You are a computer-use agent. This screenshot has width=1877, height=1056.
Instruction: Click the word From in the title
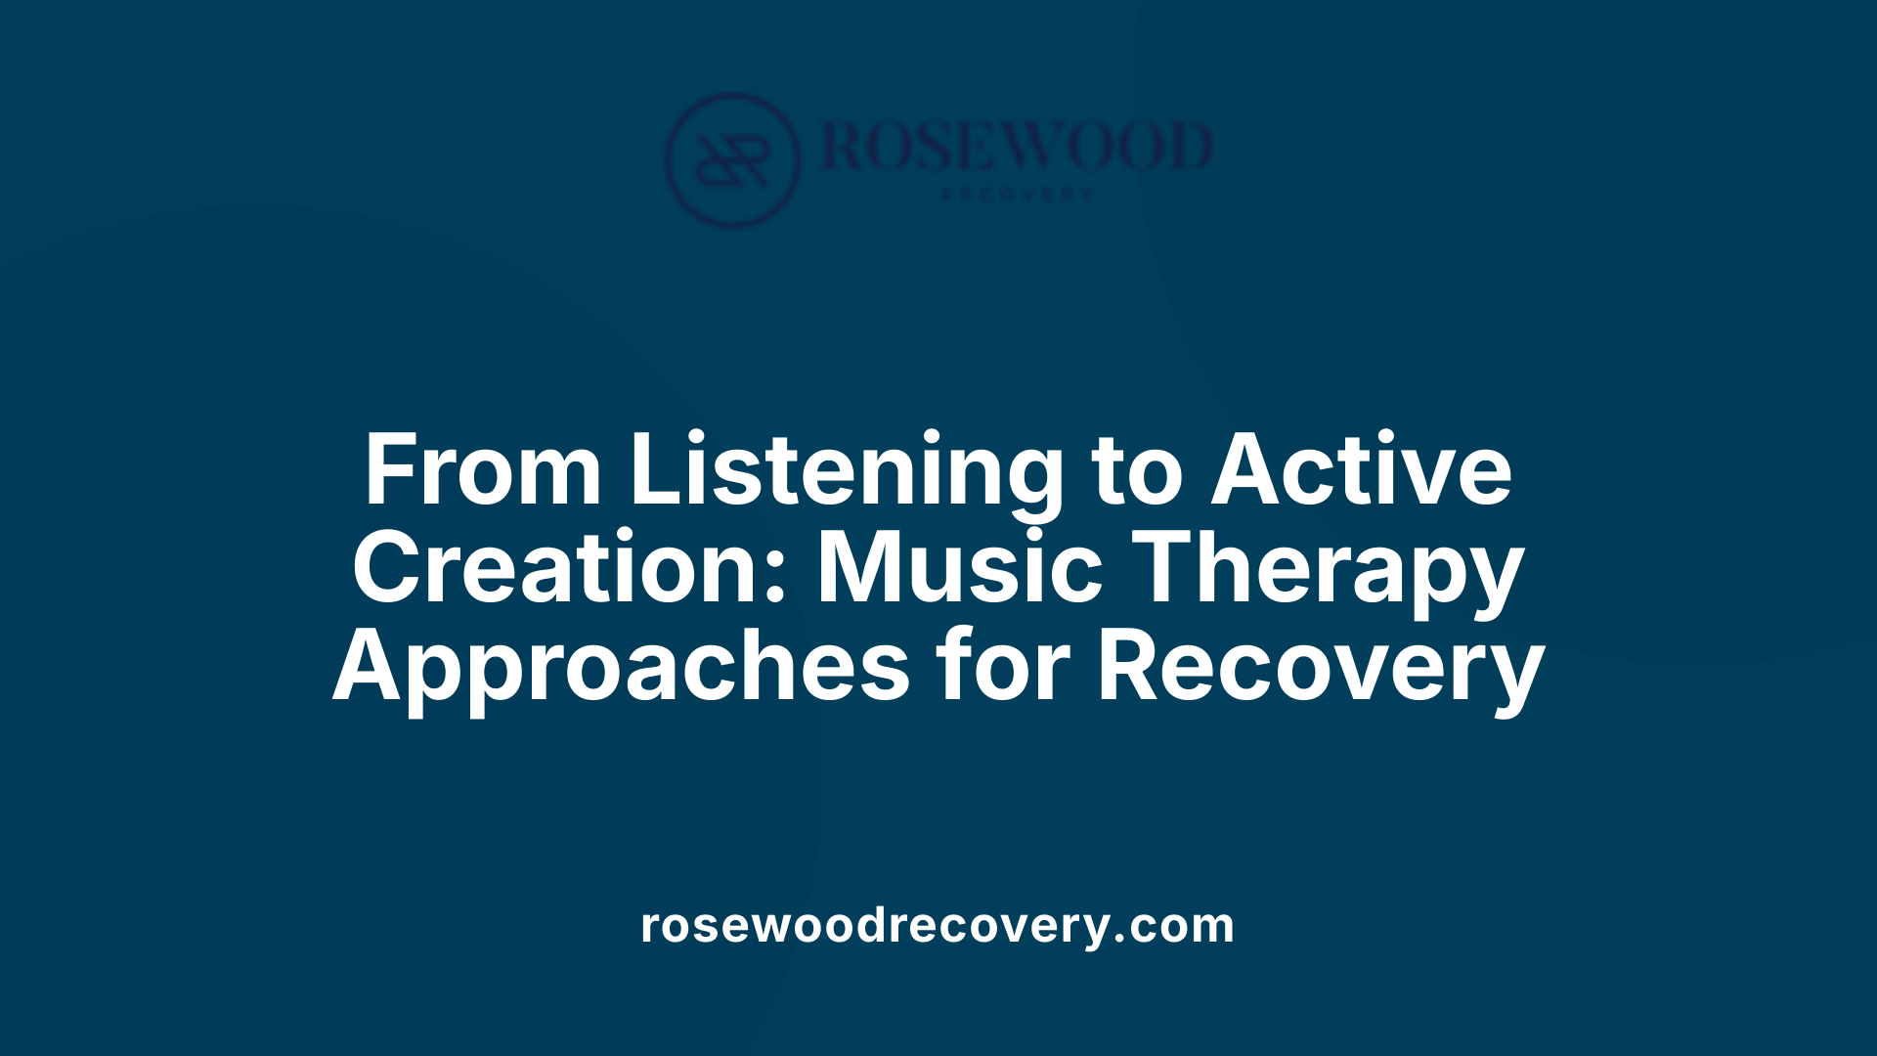point(482,471)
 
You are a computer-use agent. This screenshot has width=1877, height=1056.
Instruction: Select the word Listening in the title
point(847,471)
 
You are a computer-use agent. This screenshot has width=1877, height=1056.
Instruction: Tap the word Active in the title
point(1361,471)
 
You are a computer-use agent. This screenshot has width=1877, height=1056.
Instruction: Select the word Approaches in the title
point(622,667)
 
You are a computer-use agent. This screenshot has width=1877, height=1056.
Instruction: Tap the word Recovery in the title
point(1320,667)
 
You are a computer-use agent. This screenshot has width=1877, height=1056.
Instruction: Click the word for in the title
point(1003,667)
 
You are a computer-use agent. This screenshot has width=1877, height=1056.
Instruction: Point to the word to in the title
point(1137,471)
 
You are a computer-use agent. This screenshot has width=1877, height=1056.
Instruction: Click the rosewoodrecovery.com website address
point(938,925)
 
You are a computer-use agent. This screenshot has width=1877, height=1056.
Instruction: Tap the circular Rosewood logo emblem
point(732,160)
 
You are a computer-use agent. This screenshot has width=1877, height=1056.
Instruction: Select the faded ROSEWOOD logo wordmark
point(1017,147)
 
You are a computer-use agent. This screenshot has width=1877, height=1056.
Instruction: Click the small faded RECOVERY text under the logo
point(1017,195)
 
